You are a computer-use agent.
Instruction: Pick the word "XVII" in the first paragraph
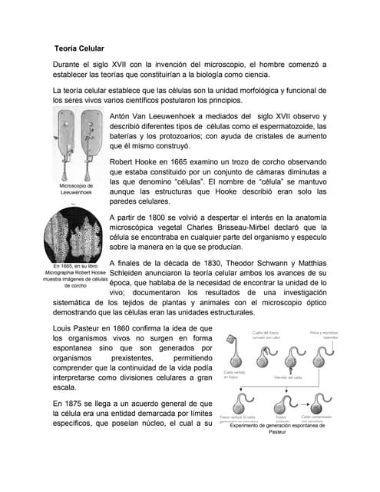click(127, 65)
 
